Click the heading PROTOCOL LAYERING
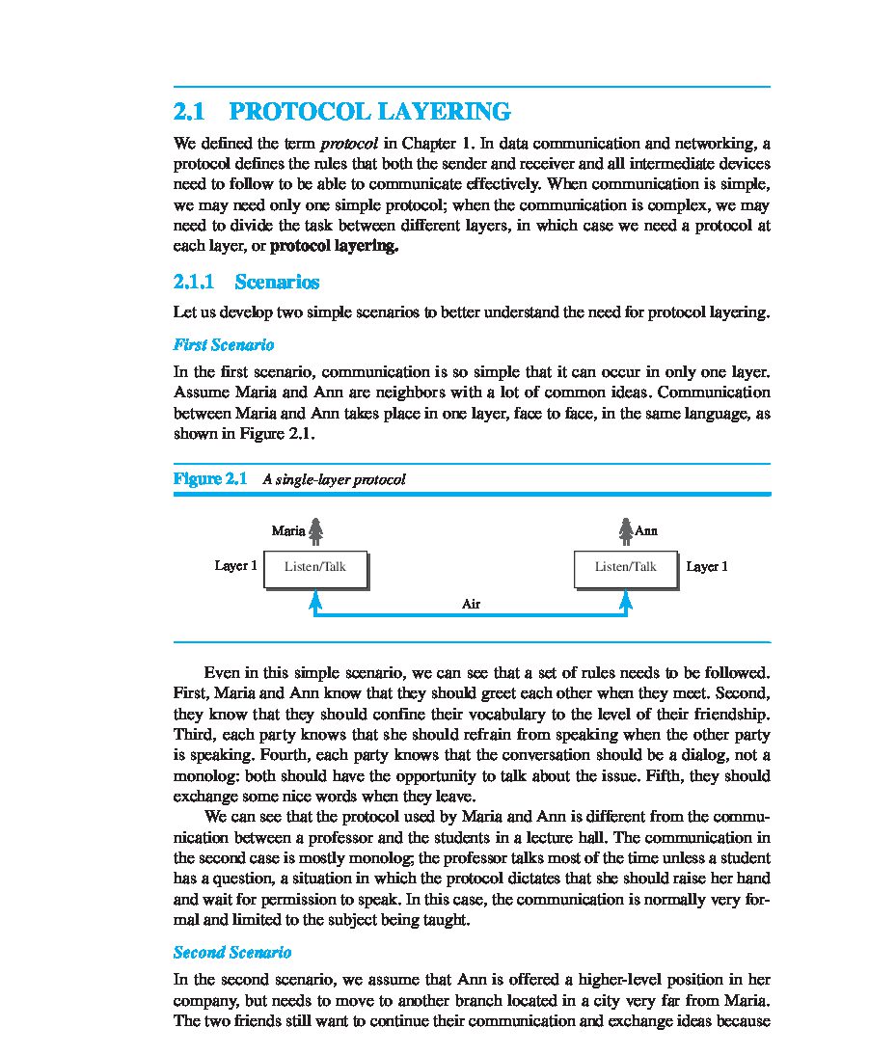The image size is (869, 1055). tap(370, 112)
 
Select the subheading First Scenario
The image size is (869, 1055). tap(224, 344)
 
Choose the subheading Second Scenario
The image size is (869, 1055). tap(231, 953)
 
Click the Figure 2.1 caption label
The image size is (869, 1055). tap(210, 478)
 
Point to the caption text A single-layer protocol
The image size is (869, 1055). tap(334, 479)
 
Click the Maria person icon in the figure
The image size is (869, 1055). tap(315, 530)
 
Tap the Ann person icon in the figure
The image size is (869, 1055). tap(625, 530)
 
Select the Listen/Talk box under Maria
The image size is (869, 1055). tap(314, 567)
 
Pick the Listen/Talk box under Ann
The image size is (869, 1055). tap(625, 567)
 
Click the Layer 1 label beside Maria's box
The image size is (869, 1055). tap(235, 566)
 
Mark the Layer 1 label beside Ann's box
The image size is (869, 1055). tap(707, 567)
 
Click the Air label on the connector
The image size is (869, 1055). tap(471, 604)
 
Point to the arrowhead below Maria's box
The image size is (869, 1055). tap(314, 599)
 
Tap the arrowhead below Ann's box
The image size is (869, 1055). tap(625, 599)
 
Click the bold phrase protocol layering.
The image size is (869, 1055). tap(334, 246)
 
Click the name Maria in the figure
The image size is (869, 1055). tap(288, 530)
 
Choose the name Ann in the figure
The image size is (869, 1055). tap(646, 530)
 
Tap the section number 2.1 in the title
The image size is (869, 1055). tap(189, 112)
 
